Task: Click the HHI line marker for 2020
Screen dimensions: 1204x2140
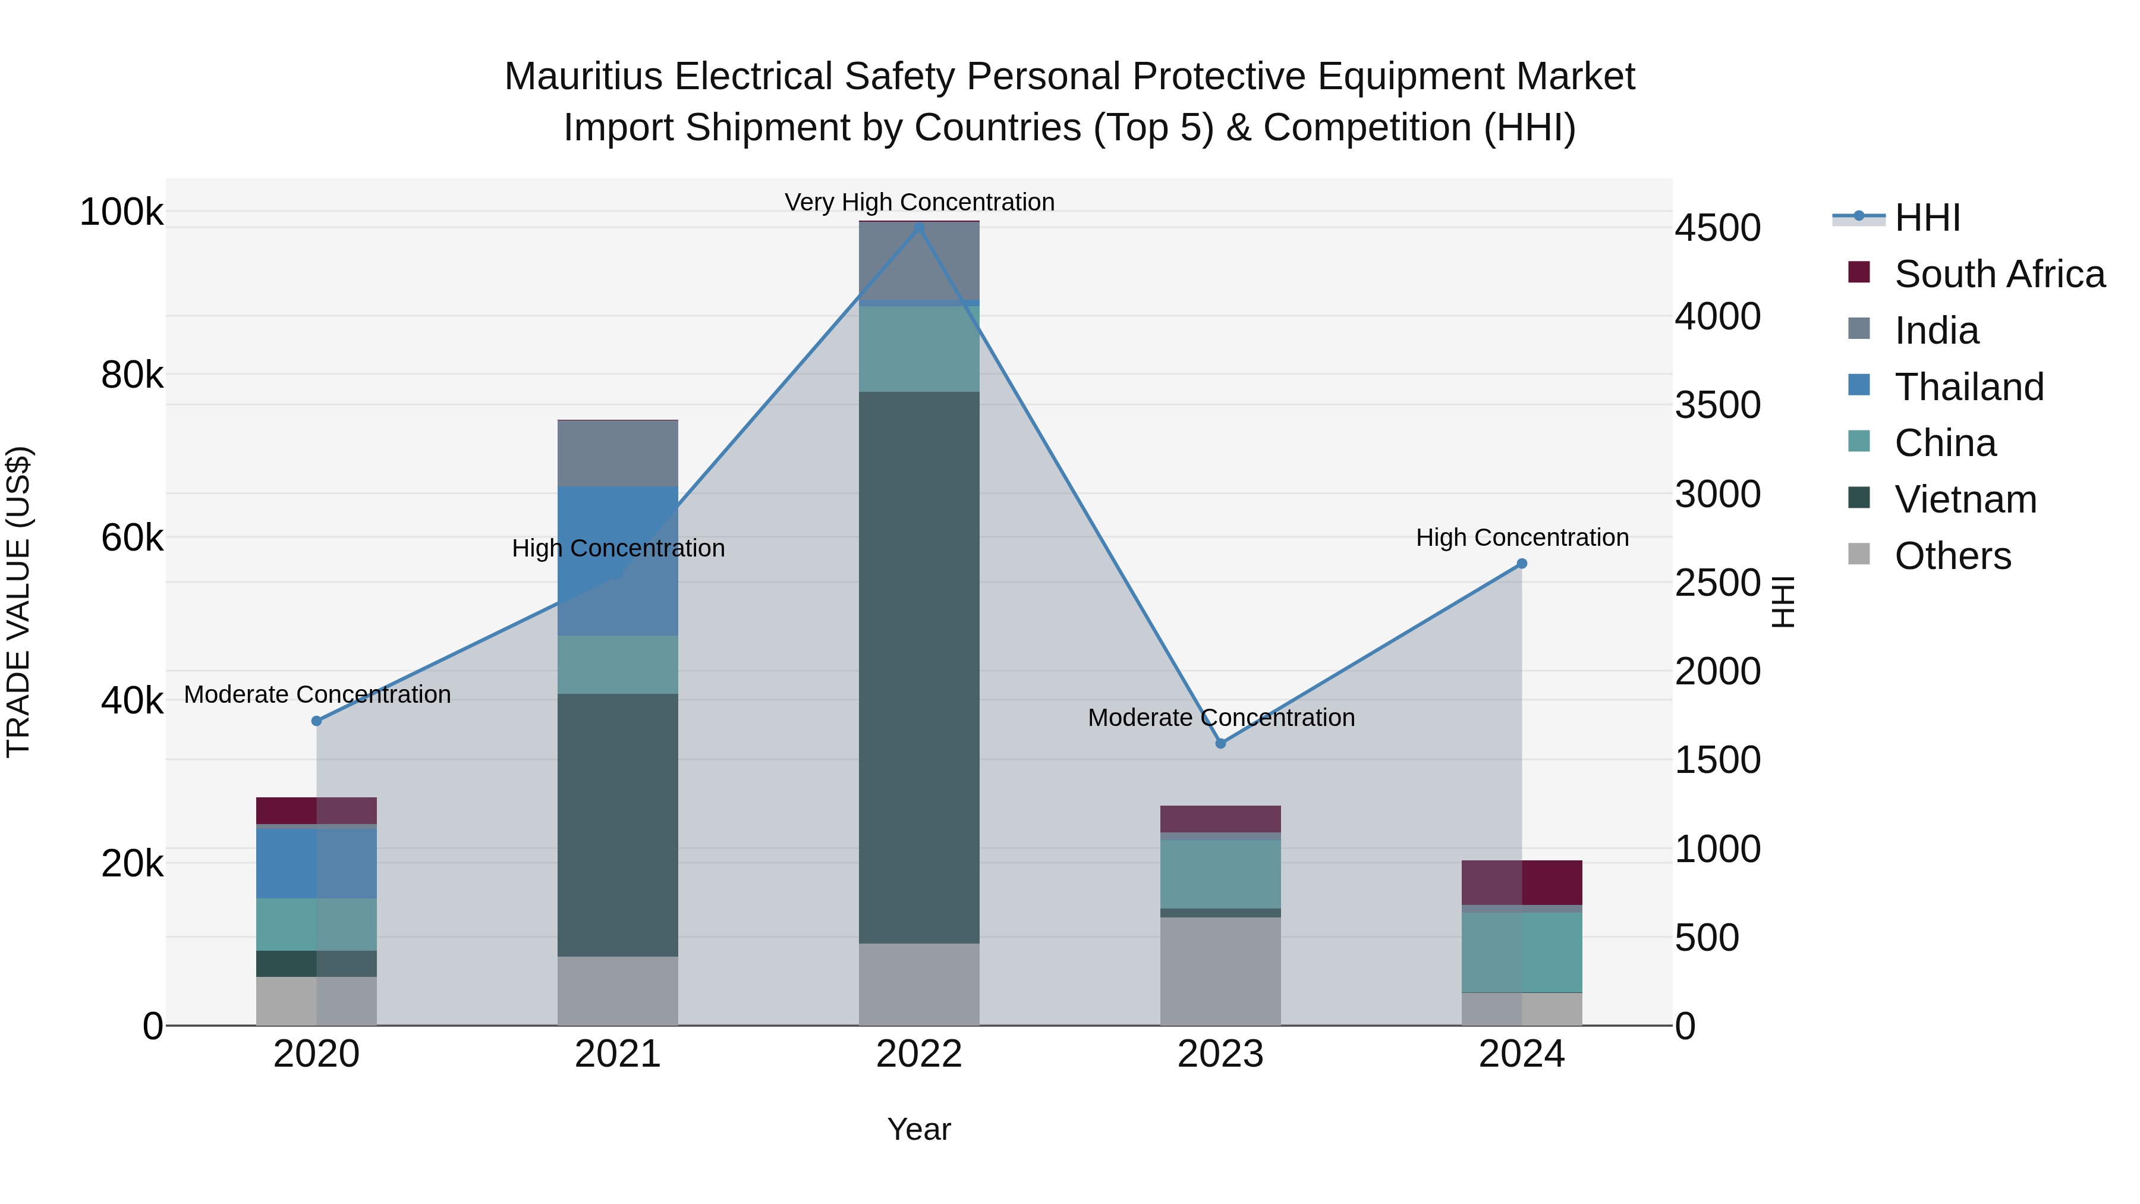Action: (x=316, y=721)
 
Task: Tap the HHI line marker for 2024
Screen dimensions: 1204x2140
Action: (x=1522, y=564)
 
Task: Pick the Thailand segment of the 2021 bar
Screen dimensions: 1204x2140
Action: (x=617, y=561)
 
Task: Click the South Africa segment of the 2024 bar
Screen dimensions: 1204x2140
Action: (x=1522, y=882)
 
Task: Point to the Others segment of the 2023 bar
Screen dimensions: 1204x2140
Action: (x=1220, y=970)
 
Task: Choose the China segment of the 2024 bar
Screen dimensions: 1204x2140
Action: (x=1522, y=952)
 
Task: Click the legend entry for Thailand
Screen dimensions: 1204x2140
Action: (x=1968, y=387)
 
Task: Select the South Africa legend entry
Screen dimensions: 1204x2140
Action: (x=1999, y=274)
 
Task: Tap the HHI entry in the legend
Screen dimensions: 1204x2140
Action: (x=1927, y=218)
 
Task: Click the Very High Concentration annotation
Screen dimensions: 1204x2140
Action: (x=919, y=202)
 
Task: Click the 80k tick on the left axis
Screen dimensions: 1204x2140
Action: (x=132, y=376)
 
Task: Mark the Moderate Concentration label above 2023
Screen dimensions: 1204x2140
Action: (x=1220, y=717)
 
